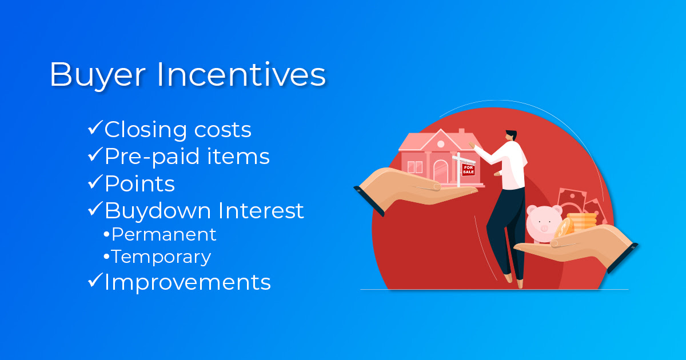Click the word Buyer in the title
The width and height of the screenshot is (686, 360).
point(98,75)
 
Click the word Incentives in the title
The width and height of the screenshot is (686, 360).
point(241,74)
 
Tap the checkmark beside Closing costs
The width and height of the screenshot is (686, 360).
point(95,127)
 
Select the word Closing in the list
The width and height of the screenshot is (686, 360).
point(145,130)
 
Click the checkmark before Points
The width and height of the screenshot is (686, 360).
point(95,182)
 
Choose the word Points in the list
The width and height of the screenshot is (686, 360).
point(139,183)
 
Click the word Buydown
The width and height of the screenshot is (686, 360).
point(158,211)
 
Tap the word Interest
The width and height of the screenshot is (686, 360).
point(261,211)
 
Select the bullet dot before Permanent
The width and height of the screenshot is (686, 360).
point(106,235)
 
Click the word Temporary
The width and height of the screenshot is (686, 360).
point(161,257)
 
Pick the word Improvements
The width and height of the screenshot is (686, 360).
point(188,282)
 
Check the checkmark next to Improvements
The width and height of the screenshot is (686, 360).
point(95,280)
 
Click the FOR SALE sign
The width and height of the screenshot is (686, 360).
point(468,170)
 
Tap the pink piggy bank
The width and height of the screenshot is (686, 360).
point(543,224)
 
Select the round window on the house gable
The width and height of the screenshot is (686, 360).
point(441,144)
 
